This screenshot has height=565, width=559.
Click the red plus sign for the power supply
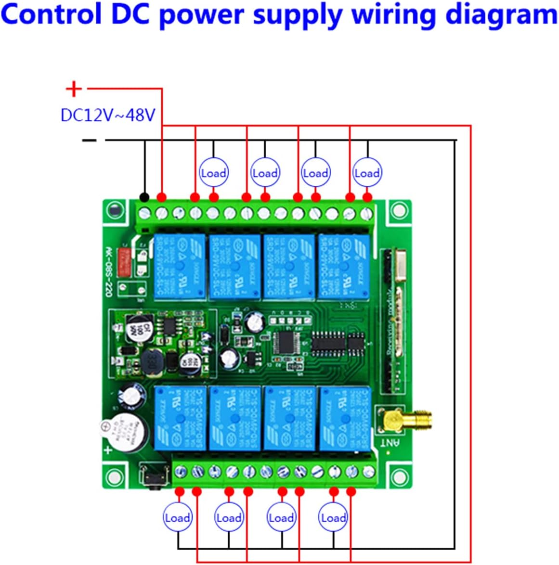click(74, 89)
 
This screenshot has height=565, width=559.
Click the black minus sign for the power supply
click(89, 141)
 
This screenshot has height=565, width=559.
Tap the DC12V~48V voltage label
click(108, 115)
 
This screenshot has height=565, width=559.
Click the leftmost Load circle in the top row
click(213, 173)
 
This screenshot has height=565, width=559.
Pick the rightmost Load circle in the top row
click(367, 173)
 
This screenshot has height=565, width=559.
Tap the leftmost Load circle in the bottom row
click(177, 517)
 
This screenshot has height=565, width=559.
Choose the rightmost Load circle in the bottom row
click(333, 517)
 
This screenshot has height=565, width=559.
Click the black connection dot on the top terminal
click(143, 197)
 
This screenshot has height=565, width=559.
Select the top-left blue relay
click(180, 266)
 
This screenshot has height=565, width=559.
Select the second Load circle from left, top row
click(265, 173)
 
